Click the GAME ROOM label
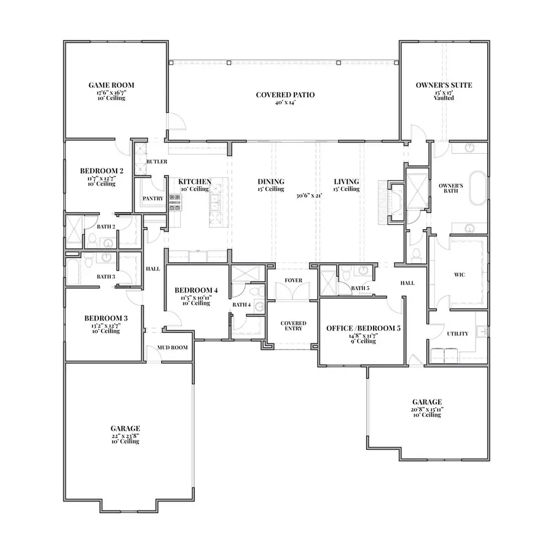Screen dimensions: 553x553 point(111,85)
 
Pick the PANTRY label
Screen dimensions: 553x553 point(152,198)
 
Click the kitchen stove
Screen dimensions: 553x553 point(175,202)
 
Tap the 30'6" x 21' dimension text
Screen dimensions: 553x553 point(310,195)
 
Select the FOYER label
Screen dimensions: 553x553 point(292,281)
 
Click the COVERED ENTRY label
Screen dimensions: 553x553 point(293,326)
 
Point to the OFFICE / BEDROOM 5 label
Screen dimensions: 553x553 point(363,329)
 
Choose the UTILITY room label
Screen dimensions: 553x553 point(458,334)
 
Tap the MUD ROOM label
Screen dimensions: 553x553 point(173,347)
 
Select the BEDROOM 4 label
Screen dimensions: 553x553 point(195,290)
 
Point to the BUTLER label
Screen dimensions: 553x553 point(157,162)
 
